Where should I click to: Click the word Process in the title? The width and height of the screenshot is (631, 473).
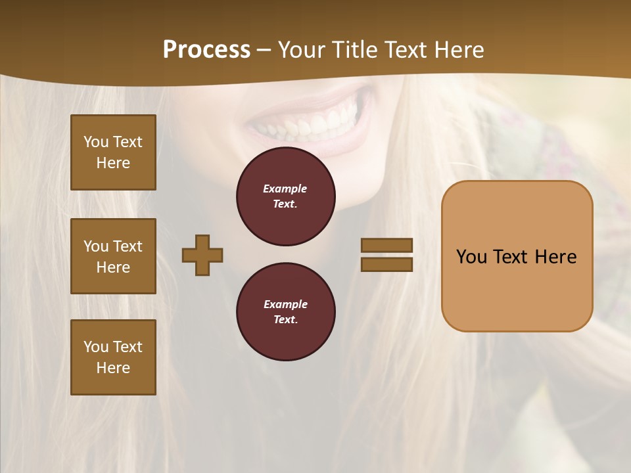[206, 50]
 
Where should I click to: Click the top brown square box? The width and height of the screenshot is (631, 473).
[113, 152]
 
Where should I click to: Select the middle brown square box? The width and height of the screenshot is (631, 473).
[113, 256]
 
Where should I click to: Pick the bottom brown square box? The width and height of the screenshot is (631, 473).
[113, 357]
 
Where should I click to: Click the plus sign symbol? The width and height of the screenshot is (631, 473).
[202, 255]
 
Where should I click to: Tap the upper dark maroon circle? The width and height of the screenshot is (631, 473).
[286, 196]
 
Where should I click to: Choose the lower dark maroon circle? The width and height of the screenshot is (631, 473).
[286, 312]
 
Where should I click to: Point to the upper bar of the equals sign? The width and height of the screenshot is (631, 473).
[386, 245]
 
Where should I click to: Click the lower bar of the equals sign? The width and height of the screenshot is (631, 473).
[386, 264]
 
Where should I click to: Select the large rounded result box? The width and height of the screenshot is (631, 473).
[517, 289]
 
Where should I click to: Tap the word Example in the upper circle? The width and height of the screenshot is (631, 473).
[285, 189]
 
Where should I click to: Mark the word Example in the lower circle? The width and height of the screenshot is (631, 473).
[285, 304]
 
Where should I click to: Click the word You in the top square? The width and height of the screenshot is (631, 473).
[96, 142]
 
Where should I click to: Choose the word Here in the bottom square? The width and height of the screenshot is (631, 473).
[113, 368]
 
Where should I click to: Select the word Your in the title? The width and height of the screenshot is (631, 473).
[302, 50]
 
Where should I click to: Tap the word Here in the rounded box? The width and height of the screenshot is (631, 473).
[555, 257]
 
